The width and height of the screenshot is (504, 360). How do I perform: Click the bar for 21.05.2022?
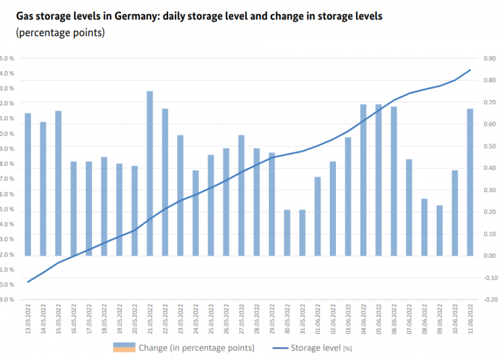(x=150, y=173)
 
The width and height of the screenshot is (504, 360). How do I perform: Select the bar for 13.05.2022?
(x=28, y=184)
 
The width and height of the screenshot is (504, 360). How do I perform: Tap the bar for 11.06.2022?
(x=470, y=182)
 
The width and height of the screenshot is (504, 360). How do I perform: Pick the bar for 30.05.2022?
(x=288, y=232)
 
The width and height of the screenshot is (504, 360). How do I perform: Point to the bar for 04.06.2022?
(x=364, y=180)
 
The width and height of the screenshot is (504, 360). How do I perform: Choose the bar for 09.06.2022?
(x=439, y=230)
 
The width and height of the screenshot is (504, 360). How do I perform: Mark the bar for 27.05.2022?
(x=241, y=195)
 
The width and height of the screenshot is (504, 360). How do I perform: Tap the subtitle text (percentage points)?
(x=54, y=32)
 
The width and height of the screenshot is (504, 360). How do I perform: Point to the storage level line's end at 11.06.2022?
(x=470, y=70)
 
